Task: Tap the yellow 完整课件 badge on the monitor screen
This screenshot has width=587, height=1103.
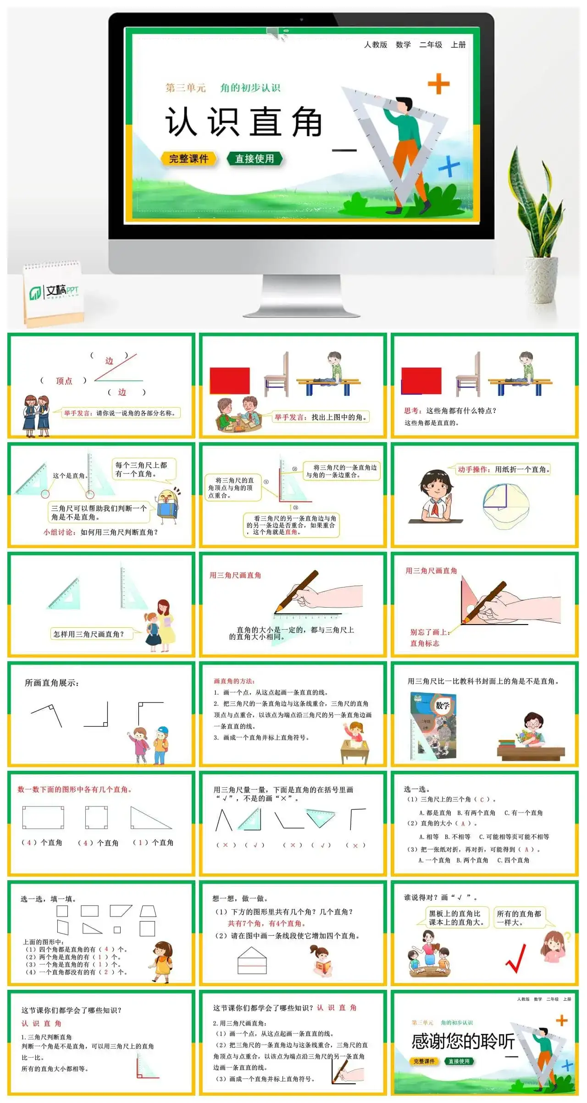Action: click(x=188, y=159)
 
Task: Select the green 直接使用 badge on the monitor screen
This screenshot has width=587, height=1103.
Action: click(x=255, y=159)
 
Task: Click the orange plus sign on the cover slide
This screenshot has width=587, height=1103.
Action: click(x=438, y=84)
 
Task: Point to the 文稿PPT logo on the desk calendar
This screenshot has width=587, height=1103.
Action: click(x=54, y=291)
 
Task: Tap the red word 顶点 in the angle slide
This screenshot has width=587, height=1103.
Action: click(x=64, y=381)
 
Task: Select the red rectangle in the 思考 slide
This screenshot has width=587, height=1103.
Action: click(x=421, y=380)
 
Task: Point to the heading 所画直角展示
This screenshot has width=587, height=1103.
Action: click(x=52, y=683)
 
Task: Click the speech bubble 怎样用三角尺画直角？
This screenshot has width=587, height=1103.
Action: click(x=89, y=634)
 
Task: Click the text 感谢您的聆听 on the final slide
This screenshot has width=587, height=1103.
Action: click(x=463, y=1042)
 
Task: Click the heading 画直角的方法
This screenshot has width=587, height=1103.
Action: click(x=234, y=681)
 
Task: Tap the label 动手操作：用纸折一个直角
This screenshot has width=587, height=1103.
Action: click(x=502, y=469)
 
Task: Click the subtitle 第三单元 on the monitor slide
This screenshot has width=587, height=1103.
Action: click(x=186, y=88)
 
